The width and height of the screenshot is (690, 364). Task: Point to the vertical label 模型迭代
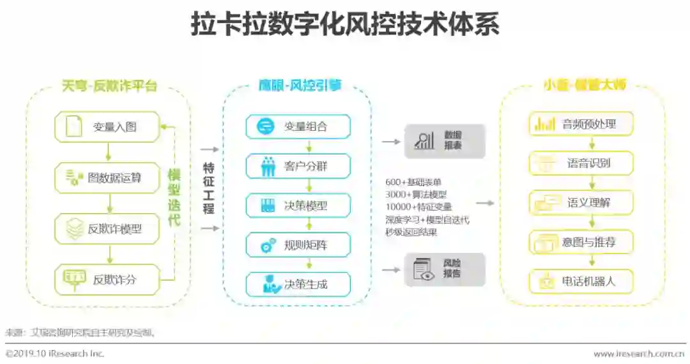tap(174, 197)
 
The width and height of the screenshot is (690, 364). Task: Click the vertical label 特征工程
tap(208, 188)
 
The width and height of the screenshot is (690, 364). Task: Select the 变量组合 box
tap(298, 126)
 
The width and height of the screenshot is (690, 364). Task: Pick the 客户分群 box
tap(298, 166)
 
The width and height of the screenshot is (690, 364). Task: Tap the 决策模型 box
tap(298, 206)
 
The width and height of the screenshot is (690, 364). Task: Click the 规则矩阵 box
tap(298, 245)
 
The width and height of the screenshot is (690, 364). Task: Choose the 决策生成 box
tap(298, 284)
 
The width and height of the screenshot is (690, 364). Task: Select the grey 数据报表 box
tap(445, 140)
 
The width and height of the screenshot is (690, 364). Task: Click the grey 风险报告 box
tap(445, 269)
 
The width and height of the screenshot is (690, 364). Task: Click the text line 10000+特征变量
tap(418, 207)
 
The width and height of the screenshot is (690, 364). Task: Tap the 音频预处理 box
tap(581, 124)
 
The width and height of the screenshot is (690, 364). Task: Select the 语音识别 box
tap(581, 163)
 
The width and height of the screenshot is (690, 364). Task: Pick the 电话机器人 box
tap(581, 281)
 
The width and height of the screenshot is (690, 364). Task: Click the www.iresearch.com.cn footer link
tap(639, 353)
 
